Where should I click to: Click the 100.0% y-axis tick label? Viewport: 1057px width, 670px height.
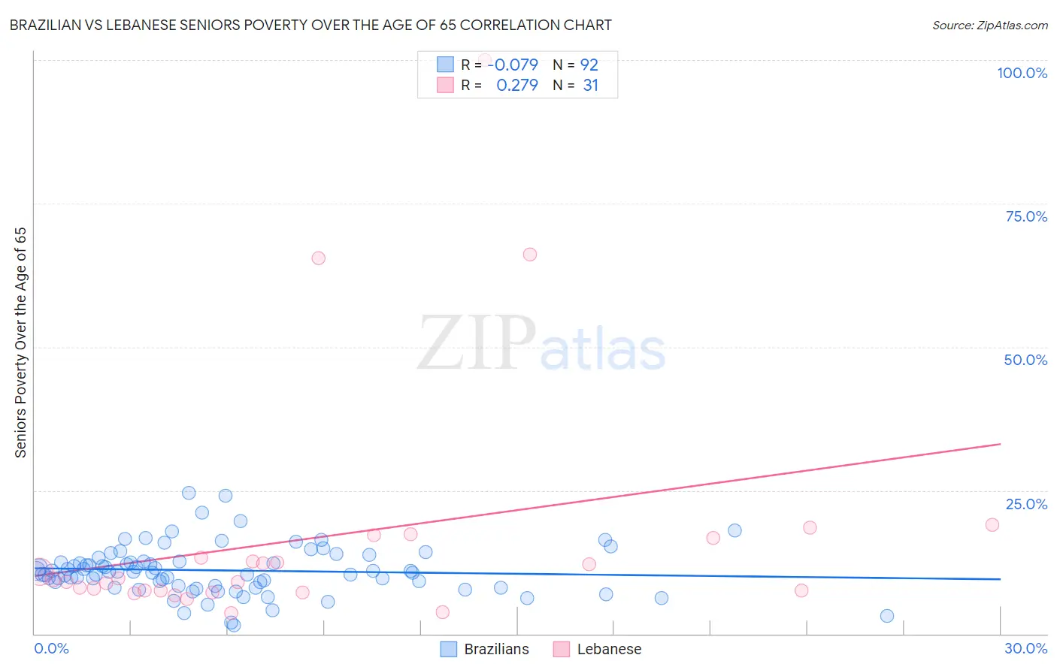(1022, 73)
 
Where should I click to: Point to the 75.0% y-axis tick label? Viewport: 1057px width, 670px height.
(1026, 216)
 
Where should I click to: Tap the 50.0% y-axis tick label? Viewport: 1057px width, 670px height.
(1025, 360)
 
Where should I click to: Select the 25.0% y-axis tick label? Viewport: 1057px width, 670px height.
(1026, 504)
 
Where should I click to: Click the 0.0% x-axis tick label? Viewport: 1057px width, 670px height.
(51, 648)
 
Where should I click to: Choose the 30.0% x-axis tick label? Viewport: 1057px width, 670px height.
(1025, 648)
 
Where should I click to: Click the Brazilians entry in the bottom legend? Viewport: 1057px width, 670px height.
(496, 649)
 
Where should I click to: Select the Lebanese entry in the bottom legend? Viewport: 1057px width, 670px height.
(609, 649)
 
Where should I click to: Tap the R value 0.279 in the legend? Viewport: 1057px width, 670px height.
(517, 86)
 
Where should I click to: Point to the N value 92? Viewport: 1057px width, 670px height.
(589, 65)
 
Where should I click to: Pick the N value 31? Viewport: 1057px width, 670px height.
(590, 86)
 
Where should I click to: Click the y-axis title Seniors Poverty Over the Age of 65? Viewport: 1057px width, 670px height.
(21, 342)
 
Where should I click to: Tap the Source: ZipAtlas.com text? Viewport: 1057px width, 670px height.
(989, 26)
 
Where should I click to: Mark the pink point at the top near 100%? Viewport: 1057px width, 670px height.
(485, 59)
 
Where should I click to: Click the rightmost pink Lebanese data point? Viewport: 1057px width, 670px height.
(992, 525)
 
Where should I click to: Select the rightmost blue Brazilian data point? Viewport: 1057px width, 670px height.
(887, 616)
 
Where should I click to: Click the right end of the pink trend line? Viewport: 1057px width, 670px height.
(1000, 444)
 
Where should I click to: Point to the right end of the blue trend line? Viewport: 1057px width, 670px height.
(1000, 579)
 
